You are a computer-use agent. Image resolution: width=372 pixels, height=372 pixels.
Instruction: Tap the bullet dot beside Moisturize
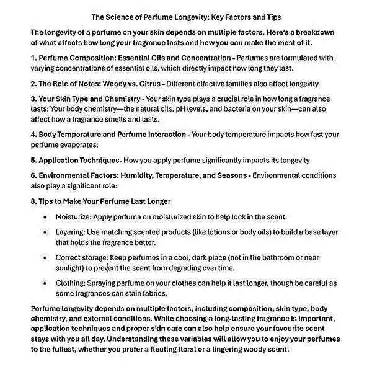point(45,217)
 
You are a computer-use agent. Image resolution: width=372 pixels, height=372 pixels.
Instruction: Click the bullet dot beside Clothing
point(45,283)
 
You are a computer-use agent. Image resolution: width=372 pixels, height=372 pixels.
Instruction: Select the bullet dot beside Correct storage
point(45,257)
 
